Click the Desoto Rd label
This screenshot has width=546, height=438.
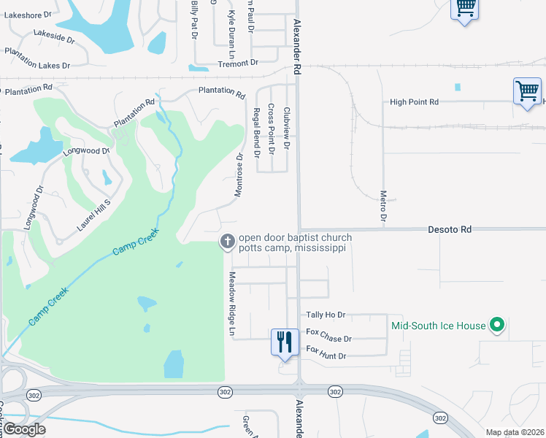tap(450, 229)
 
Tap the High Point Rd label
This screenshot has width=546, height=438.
tap(414, 102)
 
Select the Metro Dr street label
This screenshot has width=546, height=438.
tap(383, 206)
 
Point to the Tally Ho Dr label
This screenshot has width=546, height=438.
tap(326, 315)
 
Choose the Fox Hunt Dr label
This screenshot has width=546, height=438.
tap(326, 356)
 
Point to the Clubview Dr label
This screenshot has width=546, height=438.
tap(287, 129)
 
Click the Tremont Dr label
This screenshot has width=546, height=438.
tap(239, 64)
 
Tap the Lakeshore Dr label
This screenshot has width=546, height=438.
tap(28, 14)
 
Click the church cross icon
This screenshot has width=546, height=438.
tap(228, 242)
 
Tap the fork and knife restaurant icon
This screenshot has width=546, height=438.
tap(283, 341)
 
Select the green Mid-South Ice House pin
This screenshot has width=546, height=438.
tap(498, 325)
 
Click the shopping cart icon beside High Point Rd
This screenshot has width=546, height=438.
tap(526, 92)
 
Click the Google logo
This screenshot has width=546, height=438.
tap(24, 429)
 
